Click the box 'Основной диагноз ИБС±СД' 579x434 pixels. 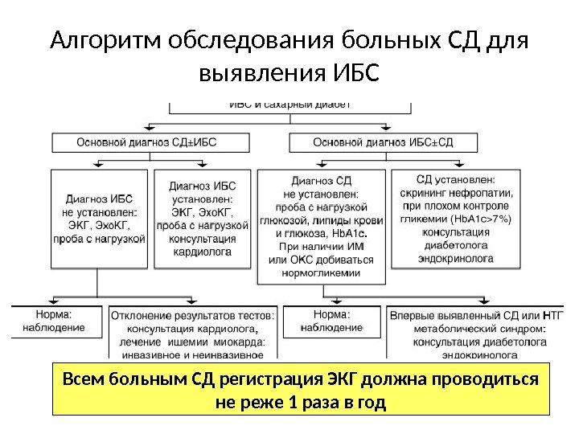[x=383, y=142]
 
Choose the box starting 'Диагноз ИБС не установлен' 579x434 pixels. [x=99, y=218]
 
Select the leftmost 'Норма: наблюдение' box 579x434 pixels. [x=56, y=321]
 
